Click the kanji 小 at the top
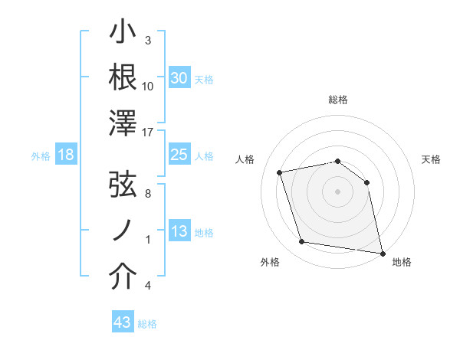123,32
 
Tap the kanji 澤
123,123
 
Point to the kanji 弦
123,187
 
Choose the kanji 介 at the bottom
123,278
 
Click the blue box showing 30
179,78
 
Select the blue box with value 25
179,155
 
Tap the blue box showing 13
179,231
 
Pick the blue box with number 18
66,155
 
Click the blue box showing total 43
123,322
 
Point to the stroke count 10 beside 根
148,87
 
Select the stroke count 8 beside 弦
147,195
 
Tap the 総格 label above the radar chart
338,100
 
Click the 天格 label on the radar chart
432,159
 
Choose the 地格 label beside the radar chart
402,263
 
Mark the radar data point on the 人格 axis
281,172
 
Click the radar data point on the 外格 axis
302,242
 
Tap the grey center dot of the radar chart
337,191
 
